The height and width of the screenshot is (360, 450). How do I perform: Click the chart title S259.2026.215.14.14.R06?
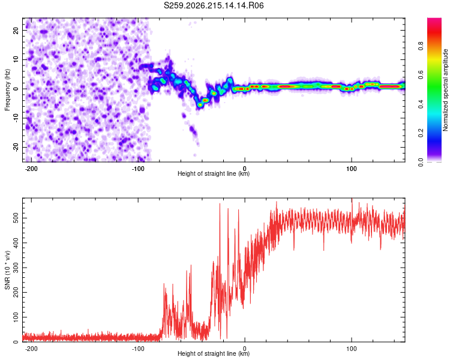pyautogui.click(x=214, y=5)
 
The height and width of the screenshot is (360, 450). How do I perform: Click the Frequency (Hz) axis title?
pyautogui.click(x=7, y=90)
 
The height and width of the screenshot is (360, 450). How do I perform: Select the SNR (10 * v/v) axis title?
pyautogui.click(x=7, y=270)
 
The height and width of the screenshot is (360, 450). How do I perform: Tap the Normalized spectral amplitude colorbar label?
pyautogui.click(x=445, y=90)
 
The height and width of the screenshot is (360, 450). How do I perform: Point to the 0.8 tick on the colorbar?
pyautogui.click(x=421, y=46)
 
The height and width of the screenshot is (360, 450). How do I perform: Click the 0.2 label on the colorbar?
pyautogui.click(x=421, y=133)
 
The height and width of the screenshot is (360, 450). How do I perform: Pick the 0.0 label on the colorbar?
pyautogui.click(x=421, y=162)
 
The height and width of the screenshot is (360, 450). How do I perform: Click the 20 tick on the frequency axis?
pyautogui.click(x=16, y=30)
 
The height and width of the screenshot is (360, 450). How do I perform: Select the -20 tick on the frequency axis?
pyautogui.click(x=16, y=148)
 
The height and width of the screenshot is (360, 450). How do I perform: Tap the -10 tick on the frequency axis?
pyautogui.click(x=16, y=118)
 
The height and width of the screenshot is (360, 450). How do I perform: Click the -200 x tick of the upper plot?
pyautogui.click(x=31, y=169)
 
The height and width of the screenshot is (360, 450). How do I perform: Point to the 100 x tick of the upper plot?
pyautogui.click(x=351, y=169)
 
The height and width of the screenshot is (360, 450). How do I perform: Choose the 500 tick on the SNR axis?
pyautogui.click(x=16, y=218)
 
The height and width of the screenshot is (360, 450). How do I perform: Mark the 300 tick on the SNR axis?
pyautogui.click(x=16, y=268)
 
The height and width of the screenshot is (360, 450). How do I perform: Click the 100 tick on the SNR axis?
pyautogui.click(x=16, y=317)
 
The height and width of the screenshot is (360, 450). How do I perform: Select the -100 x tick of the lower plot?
pyautogui.click(x=138, y=349)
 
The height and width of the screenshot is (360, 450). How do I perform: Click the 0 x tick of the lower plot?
pyautogui.click(x=245, y=349)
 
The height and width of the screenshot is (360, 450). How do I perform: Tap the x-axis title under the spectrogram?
pyautogui.click(x=214, y=173)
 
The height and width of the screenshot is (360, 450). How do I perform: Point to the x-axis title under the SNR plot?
pyautogui.click(x=214, y=353)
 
